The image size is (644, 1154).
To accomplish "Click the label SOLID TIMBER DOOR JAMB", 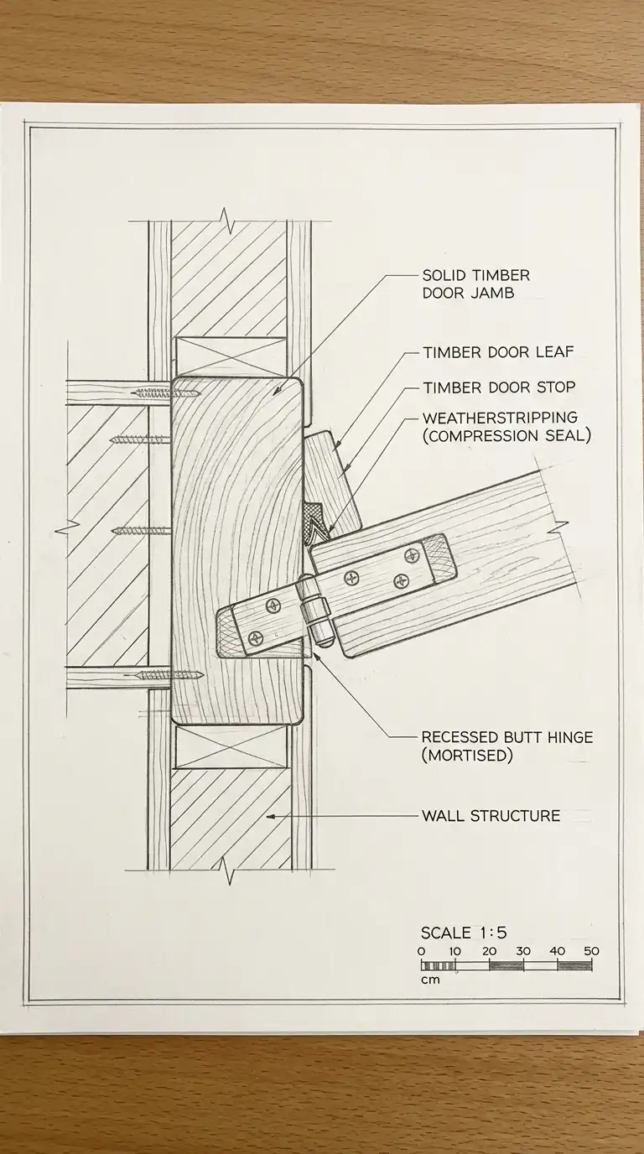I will coord(475,284).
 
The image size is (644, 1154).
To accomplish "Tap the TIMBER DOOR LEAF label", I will coord(498,352).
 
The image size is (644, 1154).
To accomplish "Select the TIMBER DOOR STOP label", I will coord(499,387).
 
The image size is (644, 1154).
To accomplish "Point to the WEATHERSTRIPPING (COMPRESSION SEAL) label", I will coord(506,426).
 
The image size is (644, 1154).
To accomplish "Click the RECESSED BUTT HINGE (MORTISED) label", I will coord(506,746).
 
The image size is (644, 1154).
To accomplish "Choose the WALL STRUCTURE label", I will coord(491,815).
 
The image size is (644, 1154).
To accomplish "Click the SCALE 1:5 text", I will coord(463,933).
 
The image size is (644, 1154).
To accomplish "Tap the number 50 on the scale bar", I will coord(590,951).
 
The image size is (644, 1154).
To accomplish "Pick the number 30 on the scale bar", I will coord(523,951).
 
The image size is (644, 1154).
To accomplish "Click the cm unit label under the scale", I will coord(429,980).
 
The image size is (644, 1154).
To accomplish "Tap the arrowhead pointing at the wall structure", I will coord(271,815).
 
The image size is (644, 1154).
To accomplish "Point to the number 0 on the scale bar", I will coord(421,951).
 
